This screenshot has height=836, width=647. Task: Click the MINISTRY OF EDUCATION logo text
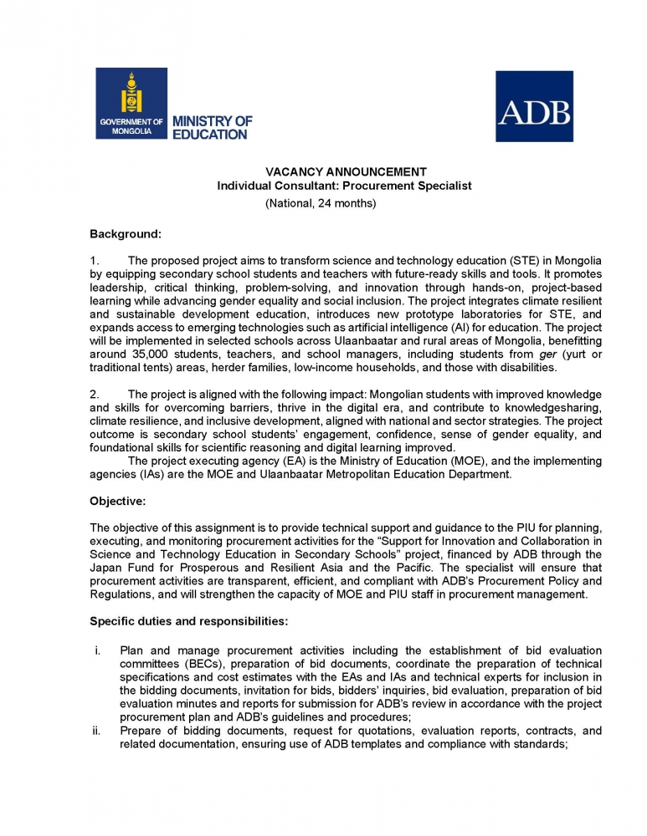tap(212, 128)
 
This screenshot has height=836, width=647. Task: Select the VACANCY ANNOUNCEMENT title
tap(345, 171)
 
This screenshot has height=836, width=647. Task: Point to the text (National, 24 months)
tap(321, 203)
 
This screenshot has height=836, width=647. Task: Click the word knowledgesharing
tap(552, 407)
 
